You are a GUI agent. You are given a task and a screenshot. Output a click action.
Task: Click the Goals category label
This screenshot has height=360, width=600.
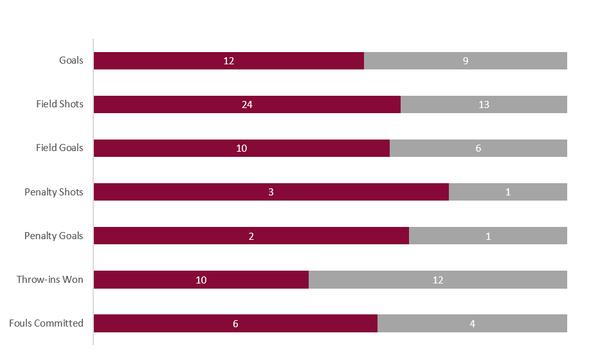pyautogui.click(x=71, y=60)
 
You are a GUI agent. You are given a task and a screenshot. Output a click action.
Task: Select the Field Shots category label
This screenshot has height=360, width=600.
pyautogui.click(x=60, y=104)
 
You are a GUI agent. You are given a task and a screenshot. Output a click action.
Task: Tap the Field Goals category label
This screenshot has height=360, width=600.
pyautogui.click(x=60, y=148)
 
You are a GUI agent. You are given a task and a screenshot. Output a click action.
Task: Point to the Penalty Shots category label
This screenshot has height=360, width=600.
pyautogui.click(x=54, y=192)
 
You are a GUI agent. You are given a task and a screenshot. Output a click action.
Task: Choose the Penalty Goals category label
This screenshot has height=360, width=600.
pyautogui.click(x=54, y=235)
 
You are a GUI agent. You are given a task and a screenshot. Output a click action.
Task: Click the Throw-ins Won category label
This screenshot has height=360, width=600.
pyautogui.click(x=50, y=279)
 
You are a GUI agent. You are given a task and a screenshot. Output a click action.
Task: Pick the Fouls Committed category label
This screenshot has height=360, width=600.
pyautogui.click(x=46, y=323)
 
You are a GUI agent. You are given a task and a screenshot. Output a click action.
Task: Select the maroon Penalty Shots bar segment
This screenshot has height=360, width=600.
pyautogui.click(x=193, y=192)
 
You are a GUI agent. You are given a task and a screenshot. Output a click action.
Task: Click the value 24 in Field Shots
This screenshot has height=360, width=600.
pyautogui.click(x=247, y=105)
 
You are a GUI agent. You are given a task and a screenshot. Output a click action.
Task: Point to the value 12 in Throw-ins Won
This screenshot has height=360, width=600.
pyautogui.click(x=438, y=280)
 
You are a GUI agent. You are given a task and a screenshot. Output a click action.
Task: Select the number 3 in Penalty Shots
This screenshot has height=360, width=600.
pyautogui.click(x=271, y=192)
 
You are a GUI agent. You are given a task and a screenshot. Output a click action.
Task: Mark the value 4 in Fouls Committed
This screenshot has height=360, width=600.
pyautogui.click(x=472, y=323)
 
